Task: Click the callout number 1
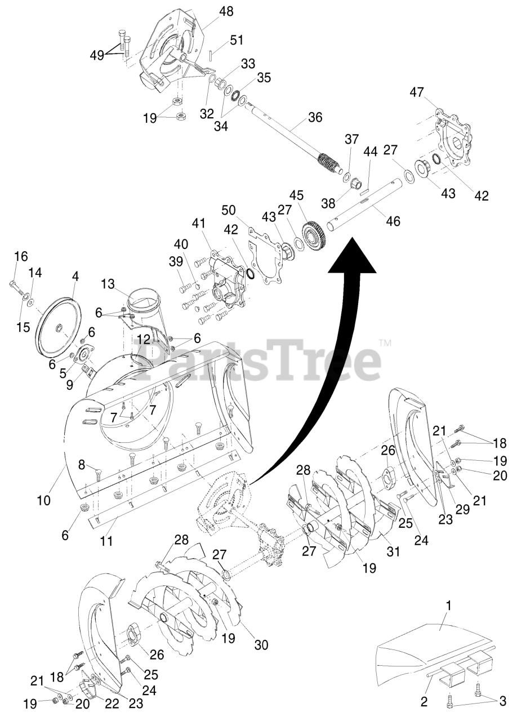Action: pyautogui.click(x=448, y=606)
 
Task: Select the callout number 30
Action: pyautogui.click(x=261, y=645)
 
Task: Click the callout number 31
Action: pyautogui.click(x=393, y=551)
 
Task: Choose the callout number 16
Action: pyautogui.click(x=20, y=257)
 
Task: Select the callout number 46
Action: pyautogui.click(x=393, y=221)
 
